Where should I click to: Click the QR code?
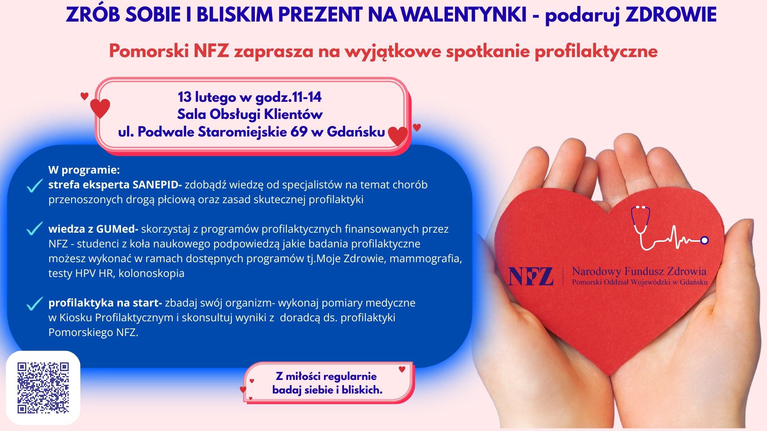43,388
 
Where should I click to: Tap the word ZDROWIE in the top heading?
671,15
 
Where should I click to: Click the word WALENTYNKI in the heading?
463,15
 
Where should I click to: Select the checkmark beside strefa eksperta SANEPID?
35,186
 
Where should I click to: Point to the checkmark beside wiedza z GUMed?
35,229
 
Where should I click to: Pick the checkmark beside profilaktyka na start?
35,304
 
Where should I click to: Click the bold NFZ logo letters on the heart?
531,276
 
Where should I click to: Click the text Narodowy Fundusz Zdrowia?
639,271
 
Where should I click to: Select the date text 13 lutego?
207,97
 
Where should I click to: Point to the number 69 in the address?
299,132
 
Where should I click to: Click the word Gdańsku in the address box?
356,132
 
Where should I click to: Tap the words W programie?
84,170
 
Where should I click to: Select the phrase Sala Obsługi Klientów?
250,115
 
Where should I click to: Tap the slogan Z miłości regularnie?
326,376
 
